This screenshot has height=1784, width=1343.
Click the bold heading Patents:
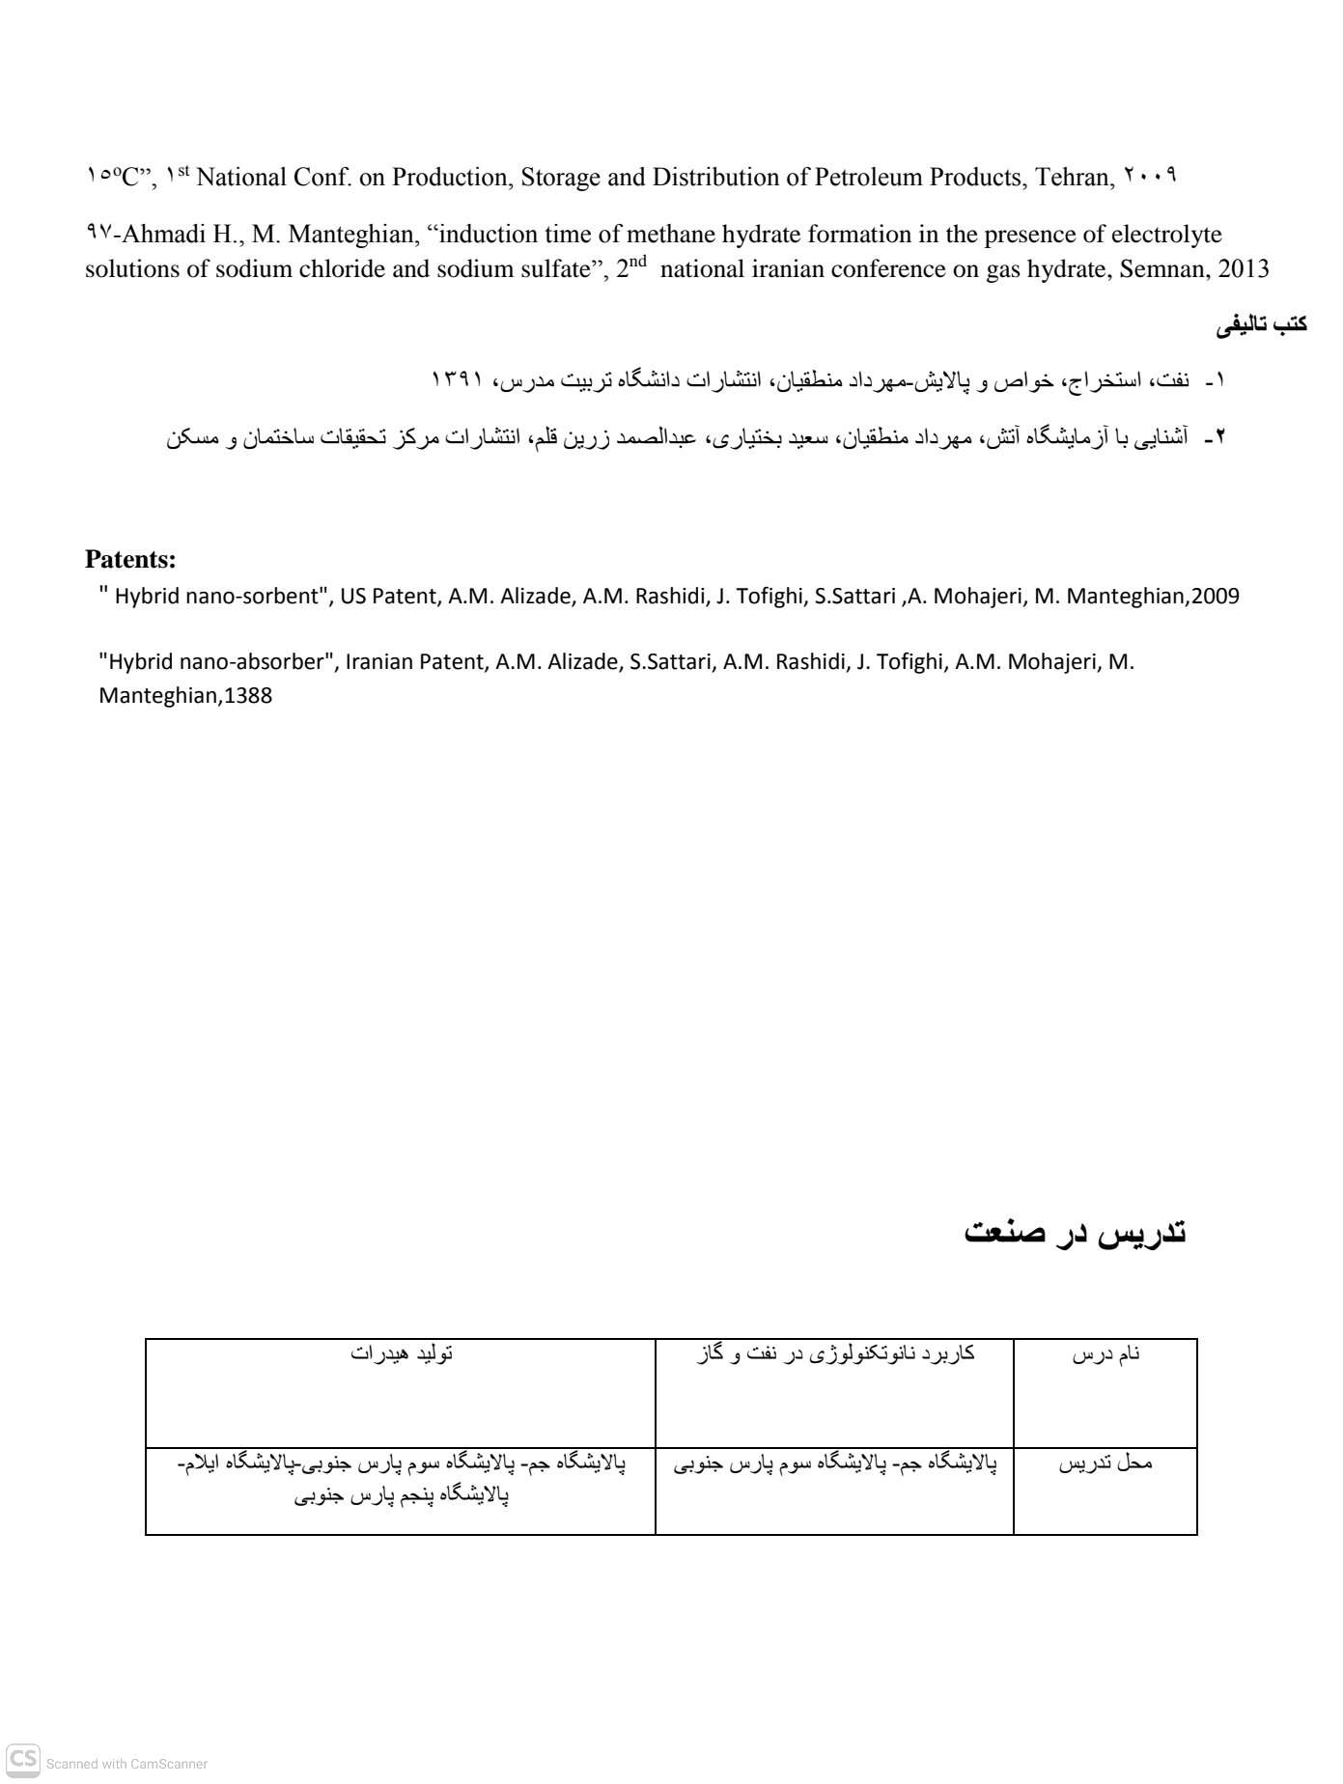130,559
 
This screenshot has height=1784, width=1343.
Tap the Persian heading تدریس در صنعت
1075,1233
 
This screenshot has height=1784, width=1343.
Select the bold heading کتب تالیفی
1261,325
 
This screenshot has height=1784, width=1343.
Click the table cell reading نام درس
1105,1354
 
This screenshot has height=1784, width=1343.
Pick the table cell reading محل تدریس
1105,1463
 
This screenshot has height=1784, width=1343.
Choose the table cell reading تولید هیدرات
401,1353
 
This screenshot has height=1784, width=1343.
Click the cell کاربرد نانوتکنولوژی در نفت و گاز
834,1353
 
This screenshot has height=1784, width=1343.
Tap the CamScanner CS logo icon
23,1760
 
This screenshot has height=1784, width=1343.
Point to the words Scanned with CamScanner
126,1764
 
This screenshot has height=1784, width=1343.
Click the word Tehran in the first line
1071,178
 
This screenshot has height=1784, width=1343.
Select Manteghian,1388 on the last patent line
185,696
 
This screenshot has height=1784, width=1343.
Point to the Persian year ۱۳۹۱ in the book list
457,379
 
